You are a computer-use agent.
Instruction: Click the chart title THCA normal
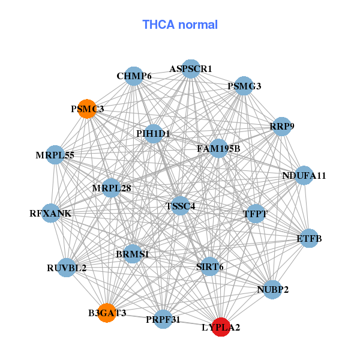179,25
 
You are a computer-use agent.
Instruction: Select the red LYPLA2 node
221,327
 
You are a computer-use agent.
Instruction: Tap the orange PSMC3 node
88,109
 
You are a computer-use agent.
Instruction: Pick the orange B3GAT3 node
107,313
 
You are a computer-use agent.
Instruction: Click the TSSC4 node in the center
181,206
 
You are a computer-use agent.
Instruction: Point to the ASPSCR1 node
191,69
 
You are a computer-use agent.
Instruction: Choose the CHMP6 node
134,76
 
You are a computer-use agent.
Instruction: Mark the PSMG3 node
244,86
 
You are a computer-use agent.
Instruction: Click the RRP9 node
281,127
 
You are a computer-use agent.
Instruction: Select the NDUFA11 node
304,176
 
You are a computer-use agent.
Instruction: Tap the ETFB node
309,238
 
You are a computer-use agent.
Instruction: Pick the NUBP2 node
272,290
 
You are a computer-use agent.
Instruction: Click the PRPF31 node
163,319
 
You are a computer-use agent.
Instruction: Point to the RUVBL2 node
67,268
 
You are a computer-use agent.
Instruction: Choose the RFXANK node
51,213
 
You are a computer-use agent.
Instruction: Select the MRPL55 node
55,155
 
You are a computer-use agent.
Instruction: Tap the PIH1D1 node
153,133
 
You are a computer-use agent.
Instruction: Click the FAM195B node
218,148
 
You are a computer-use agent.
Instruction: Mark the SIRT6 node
209,266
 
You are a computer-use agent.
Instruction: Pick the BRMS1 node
132,254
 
